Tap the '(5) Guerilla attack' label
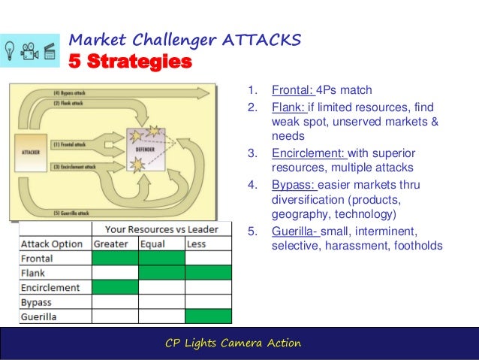pos(71,213)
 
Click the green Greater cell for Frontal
pos(115,258)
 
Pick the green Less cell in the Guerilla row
pos(208,316)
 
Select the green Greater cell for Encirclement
pos(115,287)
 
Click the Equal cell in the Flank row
pos(161,272)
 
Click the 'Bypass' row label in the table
pos(37,302)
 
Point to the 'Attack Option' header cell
pos(51,244)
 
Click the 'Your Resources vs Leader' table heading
pos(161,228)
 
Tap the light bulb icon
pos(12,50)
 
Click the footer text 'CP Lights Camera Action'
pos(233,343)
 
